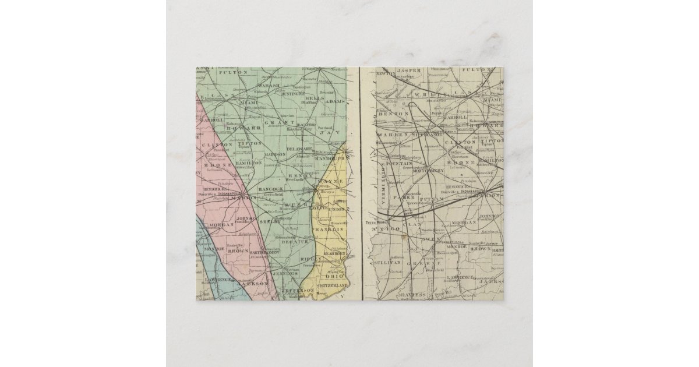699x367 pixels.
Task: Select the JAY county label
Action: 327,133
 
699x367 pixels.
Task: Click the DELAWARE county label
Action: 300,150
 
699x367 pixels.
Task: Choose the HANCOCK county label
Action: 270,189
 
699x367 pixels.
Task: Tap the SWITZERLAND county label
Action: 333,286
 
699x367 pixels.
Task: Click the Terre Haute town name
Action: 372,222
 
